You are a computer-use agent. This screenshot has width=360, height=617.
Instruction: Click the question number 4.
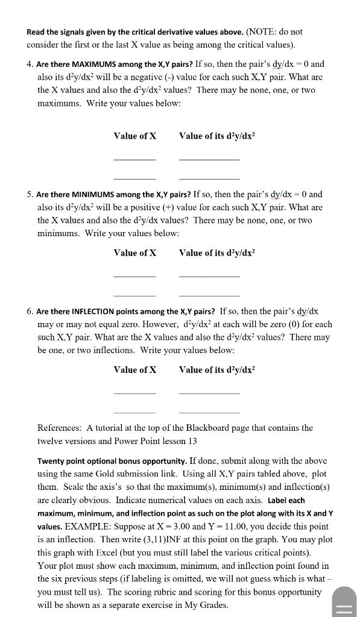[30, 64]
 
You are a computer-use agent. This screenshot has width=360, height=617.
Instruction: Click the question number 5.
[30, 195]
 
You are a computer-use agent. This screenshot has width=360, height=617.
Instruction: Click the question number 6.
[30, 312]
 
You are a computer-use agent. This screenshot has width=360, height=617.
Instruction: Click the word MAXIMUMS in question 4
[89, 64]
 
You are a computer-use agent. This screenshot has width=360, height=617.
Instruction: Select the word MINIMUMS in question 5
[87, 195]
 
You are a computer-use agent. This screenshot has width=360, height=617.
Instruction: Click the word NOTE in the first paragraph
[260, 31]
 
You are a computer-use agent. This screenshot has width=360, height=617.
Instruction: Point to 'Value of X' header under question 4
[134, 136]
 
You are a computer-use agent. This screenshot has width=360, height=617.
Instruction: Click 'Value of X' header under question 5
[134, 253]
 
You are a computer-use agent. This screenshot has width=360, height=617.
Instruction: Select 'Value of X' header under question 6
[134, 370]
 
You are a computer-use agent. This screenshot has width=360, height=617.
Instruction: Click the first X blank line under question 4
[134, 159]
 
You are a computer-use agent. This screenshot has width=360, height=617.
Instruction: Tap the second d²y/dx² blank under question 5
[209, 295]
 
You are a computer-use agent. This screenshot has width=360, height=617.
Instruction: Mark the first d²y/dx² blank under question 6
[209, 393]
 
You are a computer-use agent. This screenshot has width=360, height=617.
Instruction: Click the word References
[59, 428]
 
